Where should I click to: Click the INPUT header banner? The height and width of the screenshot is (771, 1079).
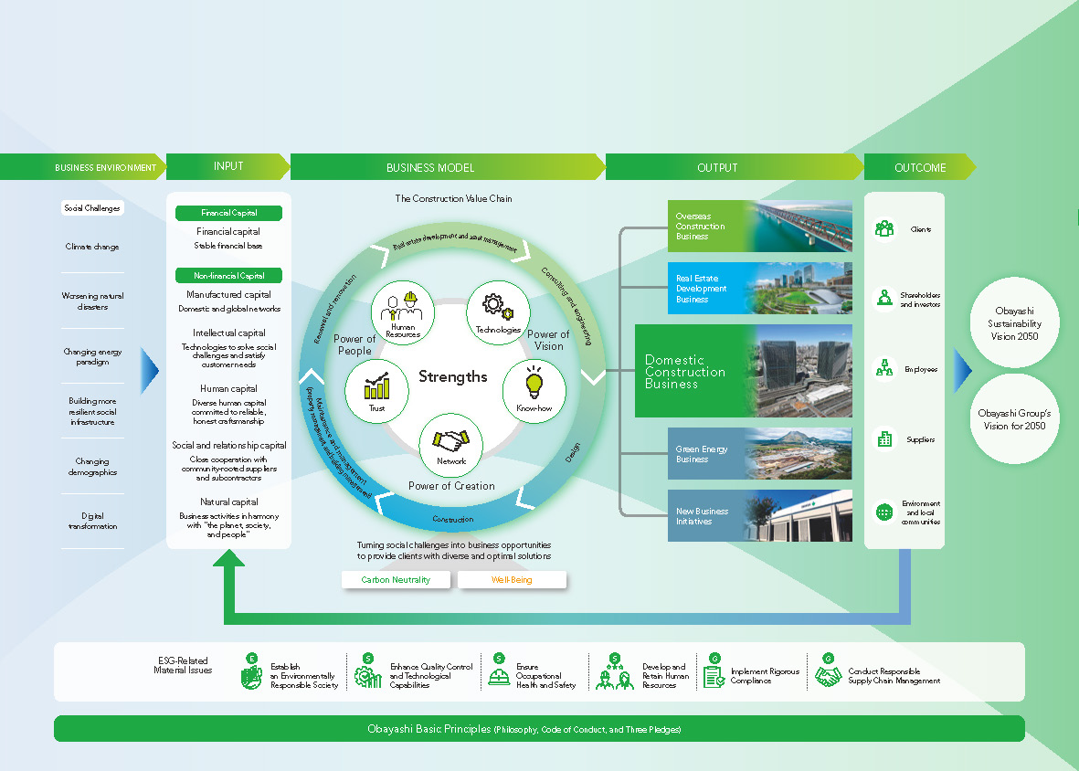click(x=228, y=167)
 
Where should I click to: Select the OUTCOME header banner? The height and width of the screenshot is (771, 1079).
click(x=919, y=167)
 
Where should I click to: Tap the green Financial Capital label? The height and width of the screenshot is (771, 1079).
click(x=228, y=213)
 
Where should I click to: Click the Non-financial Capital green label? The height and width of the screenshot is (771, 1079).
click(x=228, y=275)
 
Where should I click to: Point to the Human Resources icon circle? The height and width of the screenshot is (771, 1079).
click(x=403, y=312)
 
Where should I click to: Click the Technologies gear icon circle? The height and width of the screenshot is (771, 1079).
click(x=498, y=312)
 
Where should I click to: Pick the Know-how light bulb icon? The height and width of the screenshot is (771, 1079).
click(x=534, y=390)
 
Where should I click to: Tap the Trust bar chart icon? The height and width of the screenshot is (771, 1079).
click(x=376, y=390)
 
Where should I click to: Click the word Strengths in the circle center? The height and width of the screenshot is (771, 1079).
click(x=453, y=376)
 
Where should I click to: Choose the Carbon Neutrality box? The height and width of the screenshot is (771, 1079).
click(x=396, y=580)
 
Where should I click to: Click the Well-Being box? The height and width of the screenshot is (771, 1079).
click(x=512, y=580)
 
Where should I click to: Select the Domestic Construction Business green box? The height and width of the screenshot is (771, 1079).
click(x=691, y=372)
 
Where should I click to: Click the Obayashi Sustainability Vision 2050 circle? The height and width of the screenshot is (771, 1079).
click(x=1014, y=323)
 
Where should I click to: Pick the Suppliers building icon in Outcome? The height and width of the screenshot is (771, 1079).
click(x=884, y=439)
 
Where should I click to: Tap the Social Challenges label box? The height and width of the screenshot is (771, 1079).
click(x=91, y=208)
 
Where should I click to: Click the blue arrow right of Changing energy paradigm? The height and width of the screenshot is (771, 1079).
click(x=151, y=370)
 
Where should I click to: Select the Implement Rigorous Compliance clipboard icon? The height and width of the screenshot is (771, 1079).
click(x=714, y=676)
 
